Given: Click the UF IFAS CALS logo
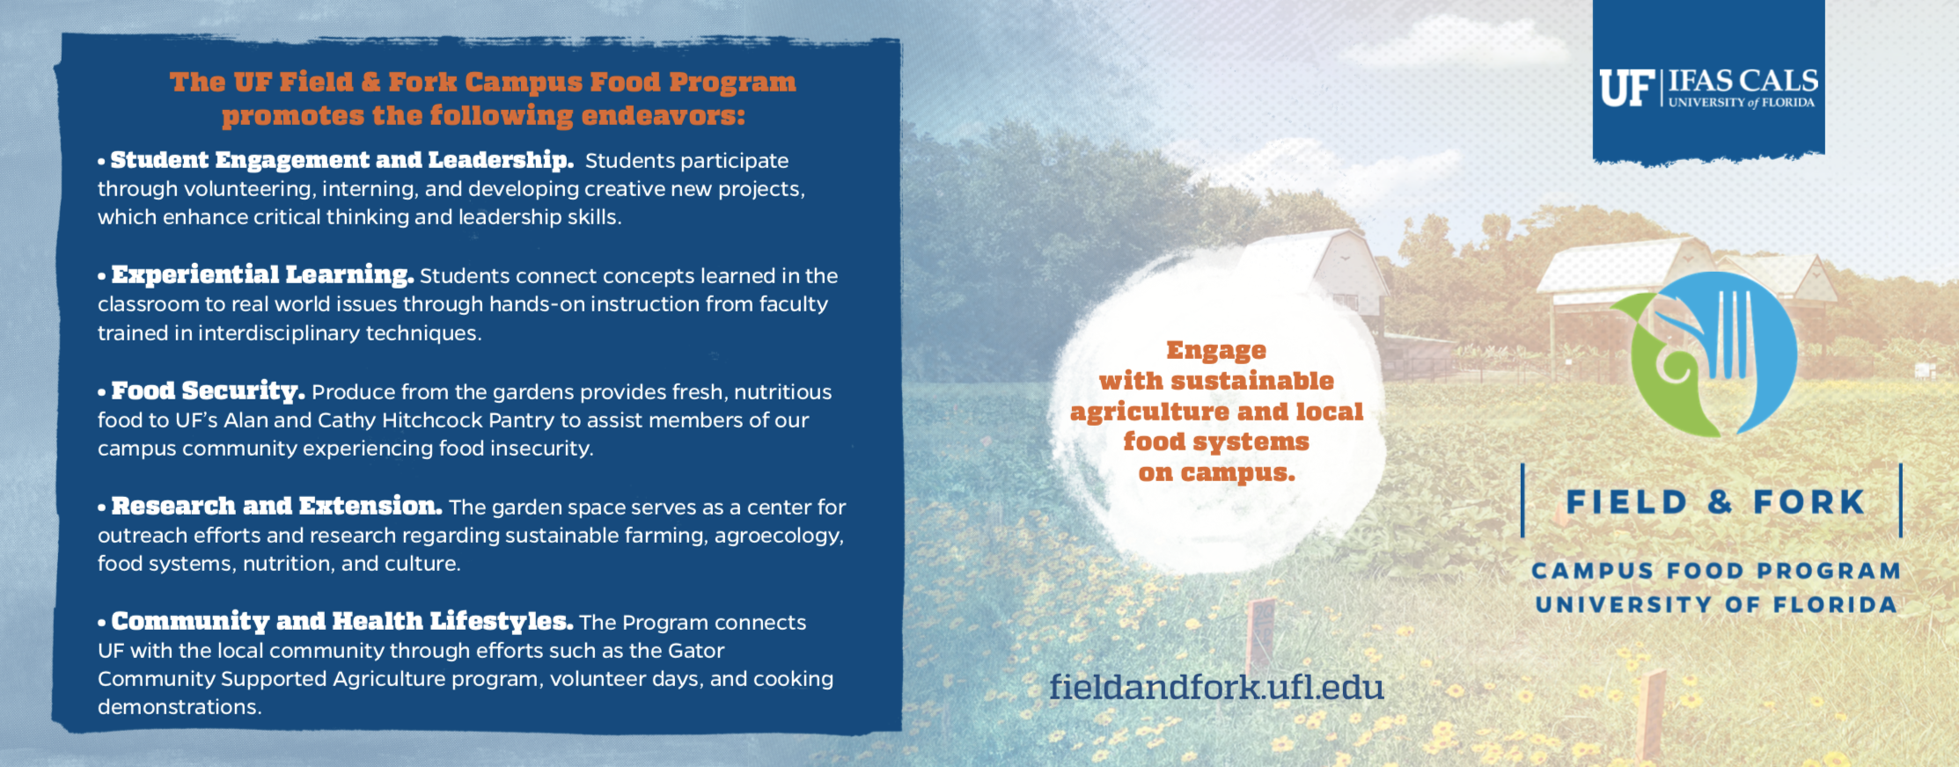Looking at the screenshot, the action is [1708, 89].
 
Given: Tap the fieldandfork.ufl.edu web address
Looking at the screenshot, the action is [1216, 686].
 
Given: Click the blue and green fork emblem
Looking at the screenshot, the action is [1702, 354].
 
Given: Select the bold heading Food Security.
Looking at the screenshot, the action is [208, 391].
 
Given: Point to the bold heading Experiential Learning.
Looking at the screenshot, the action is [262, 274].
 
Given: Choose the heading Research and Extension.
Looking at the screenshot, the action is [276, 506].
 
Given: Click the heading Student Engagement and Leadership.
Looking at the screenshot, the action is [341, 160].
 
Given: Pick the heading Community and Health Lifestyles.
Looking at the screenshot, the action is [341, 622].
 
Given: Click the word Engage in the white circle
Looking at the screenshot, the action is [1216, 351].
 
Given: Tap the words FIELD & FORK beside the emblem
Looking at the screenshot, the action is [1715, 502].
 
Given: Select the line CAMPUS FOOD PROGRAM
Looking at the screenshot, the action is [1716, 571].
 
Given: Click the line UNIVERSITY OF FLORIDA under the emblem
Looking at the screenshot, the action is [1716, 605].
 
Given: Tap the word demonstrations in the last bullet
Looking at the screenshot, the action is [180, 707].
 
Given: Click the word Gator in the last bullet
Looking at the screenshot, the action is [696, 651].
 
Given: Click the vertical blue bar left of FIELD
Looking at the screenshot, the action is [1522, 500].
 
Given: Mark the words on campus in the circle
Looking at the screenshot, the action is [1216, 473].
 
